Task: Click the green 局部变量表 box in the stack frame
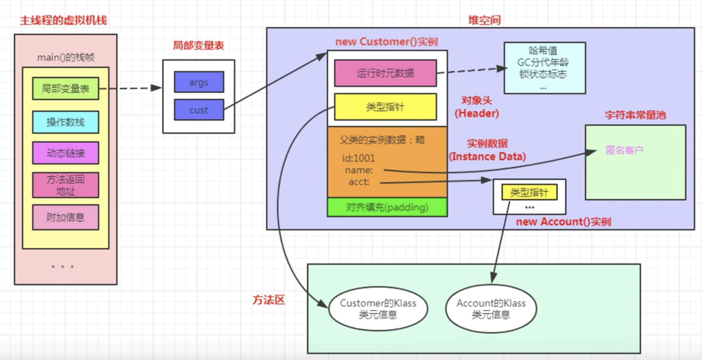pyautogui.click(x=66, y=88)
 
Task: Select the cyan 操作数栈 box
pyautogui.click(x=66, y=122)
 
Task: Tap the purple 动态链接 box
pyautogui.click(x=66, y=153)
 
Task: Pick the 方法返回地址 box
pyautogui.click(x=66, y=185)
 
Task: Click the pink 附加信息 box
pyautogui.click(x=66, y=217)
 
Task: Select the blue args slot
pyautogui.click(x=199, y=82)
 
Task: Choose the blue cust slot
pyautogui.click(x=199, y=110)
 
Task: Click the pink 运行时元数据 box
pyautogui.click(x=386, y=73)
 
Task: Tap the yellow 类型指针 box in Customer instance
pyautogui.click(x=386, y=107)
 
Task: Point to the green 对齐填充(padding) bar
pyautogui.click(x=387, y=207)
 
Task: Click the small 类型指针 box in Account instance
pyautogui.click(x=529, y=192)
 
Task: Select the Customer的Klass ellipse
pyautogui.click(x=378, y=308)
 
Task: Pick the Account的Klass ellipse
pyautogui.click(x=491, y=308)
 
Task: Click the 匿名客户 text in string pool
pyautogui.click(x=624, y=150)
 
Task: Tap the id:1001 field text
pyautogui.click(x=358, y=158)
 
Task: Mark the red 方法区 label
pyautogui.click(x=268, y=299)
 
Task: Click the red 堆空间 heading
pyautogui.click(x=484, y=20)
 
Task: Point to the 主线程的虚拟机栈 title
pyautogui.click(x=64, y=20)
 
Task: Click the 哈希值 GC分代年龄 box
pyautogui.click(x=545, y=68)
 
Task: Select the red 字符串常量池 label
pyautogui.click(x=635, y=115)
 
